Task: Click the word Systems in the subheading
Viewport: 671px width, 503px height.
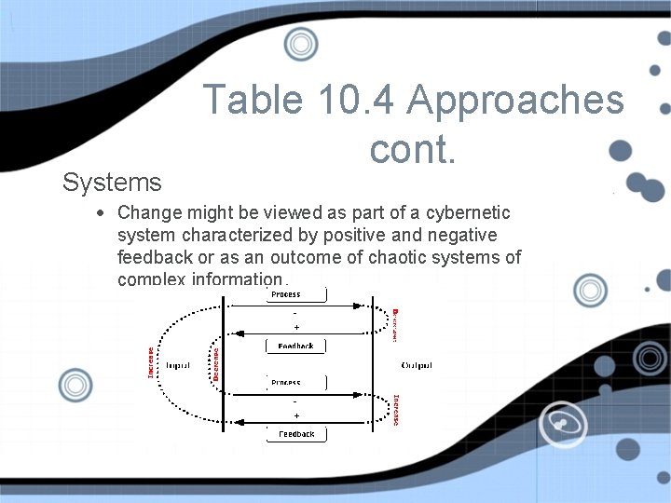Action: (112, 182)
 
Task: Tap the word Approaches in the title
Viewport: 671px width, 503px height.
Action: (516, 99)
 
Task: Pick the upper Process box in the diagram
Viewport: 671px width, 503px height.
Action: (296, 294)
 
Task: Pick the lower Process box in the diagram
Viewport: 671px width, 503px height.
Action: (297, 382)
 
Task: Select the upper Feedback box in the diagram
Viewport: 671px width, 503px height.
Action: (296, 346)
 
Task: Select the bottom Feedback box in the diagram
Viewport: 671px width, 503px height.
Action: (296, 433)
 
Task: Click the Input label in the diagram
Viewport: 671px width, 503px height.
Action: (177, 365)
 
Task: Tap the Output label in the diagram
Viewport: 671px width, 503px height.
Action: (417, 365)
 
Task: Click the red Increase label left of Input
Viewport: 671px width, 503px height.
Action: (151, 363)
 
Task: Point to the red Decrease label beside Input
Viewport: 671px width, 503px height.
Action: (216, 365)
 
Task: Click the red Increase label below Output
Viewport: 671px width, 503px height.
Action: (395, 409)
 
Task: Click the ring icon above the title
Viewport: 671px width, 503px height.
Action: (300, 44)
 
